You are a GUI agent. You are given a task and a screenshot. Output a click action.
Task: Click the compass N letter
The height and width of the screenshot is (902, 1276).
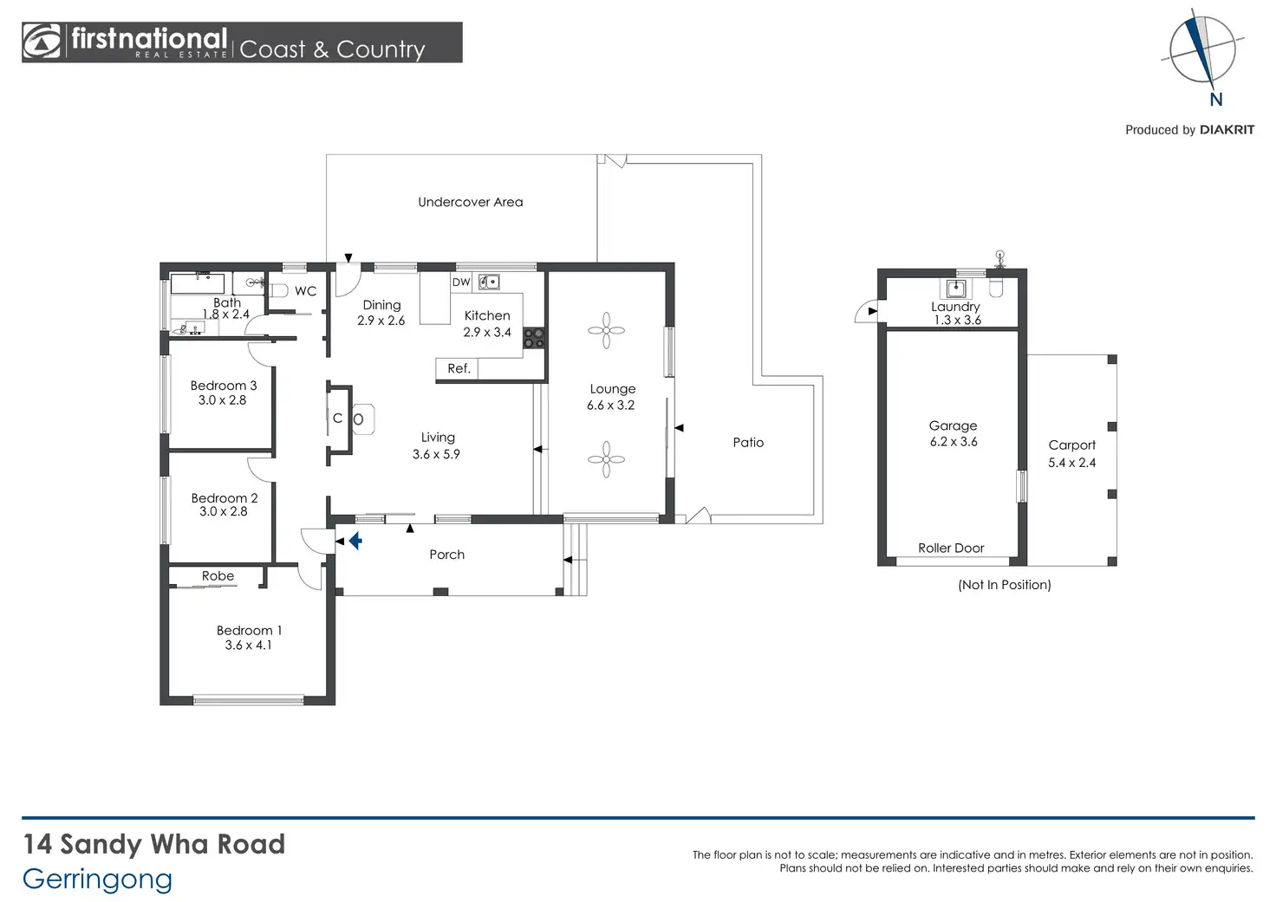pyautogui.click(x=1215, y=100)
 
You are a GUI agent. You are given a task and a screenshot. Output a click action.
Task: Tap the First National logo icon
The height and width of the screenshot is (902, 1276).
pyautogui.click(x=41, y=42)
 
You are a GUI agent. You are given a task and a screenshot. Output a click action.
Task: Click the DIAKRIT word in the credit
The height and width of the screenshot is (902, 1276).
pyautogui.click(x=1227, y=130)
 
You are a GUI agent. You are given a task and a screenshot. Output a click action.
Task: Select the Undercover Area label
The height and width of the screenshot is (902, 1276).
pyautogui.click(x=470, y=202)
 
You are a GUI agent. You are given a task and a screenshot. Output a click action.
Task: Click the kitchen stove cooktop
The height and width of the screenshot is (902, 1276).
pyautogui.click(x=534, y=338)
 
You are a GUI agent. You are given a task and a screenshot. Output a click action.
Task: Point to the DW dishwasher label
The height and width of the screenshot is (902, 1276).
pyautogui.click(x=461, y=282)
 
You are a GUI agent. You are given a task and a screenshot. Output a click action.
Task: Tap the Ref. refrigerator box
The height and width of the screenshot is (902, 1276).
pyautogui.click(x=457, y=368)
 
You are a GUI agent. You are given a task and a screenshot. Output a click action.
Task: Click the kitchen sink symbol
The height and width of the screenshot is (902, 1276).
pyautogui.click(x=489, y=282)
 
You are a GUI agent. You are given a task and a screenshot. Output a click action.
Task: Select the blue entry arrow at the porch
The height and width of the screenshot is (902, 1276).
pyautogui.click(x=355, y=541)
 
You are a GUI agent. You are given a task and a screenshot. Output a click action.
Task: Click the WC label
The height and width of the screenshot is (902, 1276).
pyautogui.click(x=305, y=291)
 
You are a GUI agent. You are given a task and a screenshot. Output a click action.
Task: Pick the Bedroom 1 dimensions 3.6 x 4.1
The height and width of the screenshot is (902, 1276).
pyautogui.click(x=248, y=646)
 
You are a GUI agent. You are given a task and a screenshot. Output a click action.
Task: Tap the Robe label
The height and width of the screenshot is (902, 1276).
pyautogui.click(x=218, y=575)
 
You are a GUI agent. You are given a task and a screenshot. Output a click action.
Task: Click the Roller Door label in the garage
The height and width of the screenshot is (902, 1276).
pyautogui.click(x=951, y=548)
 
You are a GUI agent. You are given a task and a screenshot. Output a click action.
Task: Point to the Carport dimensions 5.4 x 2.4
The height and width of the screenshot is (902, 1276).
pyautogui.click(x=1071, y=463)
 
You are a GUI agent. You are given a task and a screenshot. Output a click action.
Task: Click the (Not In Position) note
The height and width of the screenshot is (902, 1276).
pyautogui.click(x=1005, y=585)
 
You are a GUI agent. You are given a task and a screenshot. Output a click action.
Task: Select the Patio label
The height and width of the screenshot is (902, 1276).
pyautogui.click(x=748, y=443)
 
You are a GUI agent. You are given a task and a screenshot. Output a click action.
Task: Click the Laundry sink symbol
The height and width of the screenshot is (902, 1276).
pyautogui.click(x=956, y=289)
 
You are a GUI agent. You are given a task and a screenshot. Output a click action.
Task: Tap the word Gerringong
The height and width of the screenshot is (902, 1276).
pyautogui.click(x=97, y=880)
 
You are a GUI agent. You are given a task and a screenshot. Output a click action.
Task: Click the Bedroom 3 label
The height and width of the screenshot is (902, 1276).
pyautogui.click(x=224, y=386)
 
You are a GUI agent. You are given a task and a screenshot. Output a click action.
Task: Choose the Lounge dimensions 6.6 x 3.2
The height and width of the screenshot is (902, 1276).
pyautogui.click(x=610, y=405)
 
